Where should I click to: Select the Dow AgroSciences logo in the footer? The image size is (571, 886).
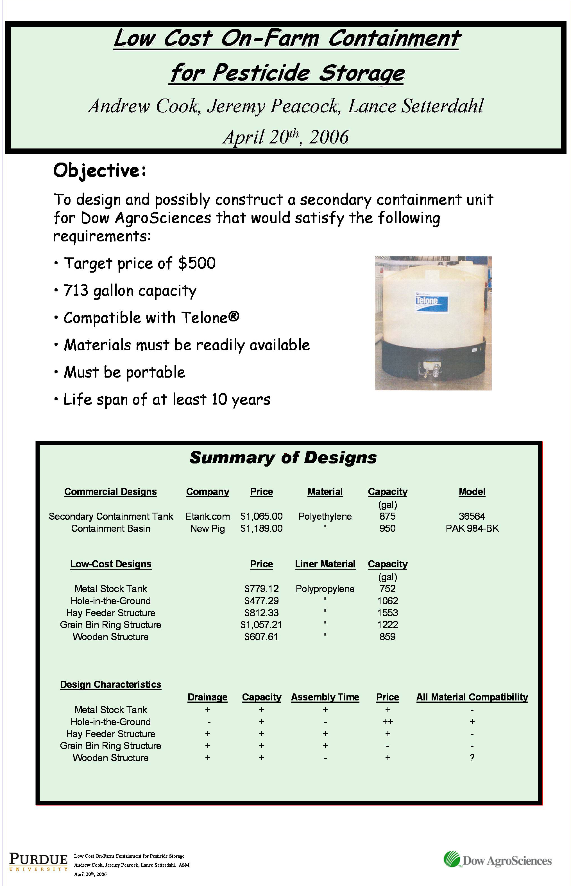pos(498,860)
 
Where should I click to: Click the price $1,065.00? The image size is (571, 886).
pos(261,516)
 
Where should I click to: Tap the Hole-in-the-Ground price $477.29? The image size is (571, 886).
pos(261,600)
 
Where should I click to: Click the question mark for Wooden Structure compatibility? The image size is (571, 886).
pos(472,757)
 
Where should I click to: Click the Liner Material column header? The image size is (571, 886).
pos(325,564)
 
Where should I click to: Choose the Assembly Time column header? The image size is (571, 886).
pos(325,697)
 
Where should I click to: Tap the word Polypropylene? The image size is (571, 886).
pos(325,589)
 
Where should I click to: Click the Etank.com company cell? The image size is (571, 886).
pos(207,516)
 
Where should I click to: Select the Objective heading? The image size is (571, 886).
pos(99,171)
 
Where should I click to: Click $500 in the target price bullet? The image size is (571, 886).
pos(196,263)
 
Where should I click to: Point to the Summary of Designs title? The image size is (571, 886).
pos(283,458)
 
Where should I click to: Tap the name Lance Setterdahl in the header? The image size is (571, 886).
pos(416,106)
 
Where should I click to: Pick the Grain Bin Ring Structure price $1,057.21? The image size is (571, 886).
pos(261,625)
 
